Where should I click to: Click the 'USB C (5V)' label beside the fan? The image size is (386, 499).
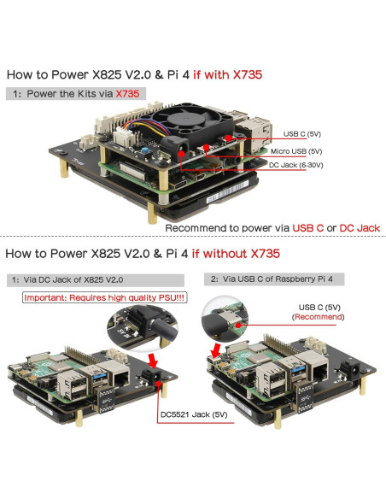(301, 134)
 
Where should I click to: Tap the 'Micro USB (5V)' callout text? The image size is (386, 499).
(296, 151)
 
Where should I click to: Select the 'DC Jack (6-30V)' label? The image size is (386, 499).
(295, 165)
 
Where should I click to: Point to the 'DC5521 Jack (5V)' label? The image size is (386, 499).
(194, 414)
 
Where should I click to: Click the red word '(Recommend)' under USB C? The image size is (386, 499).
(318, 317)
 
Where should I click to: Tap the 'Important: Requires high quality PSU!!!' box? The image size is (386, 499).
(104, 297)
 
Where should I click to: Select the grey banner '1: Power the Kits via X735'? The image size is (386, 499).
(76, 94)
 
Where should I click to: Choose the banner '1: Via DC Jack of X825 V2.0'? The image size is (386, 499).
(96, 280)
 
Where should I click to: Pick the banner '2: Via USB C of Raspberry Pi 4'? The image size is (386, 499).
(274, 279)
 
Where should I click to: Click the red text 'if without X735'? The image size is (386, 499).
(236, 254)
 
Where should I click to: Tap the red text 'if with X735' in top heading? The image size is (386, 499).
(228, 75)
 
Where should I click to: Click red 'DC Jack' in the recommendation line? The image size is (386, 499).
(360, 228)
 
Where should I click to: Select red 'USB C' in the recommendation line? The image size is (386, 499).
(307, 228)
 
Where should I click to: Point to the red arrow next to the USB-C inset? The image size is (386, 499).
(217, 350)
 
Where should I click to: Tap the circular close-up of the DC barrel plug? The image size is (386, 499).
(142, 327)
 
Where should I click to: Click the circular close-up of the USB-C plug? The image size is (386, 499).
(225, 319)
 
